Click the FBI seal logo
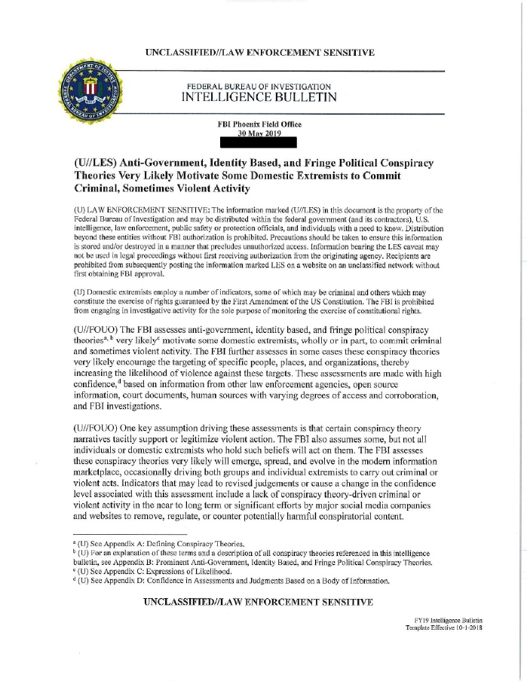[x=90, y=92]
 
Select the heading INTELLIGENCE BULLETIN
[x=259, y=97]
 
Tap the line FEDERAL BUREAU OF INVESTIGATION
[x=259, y=84]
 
